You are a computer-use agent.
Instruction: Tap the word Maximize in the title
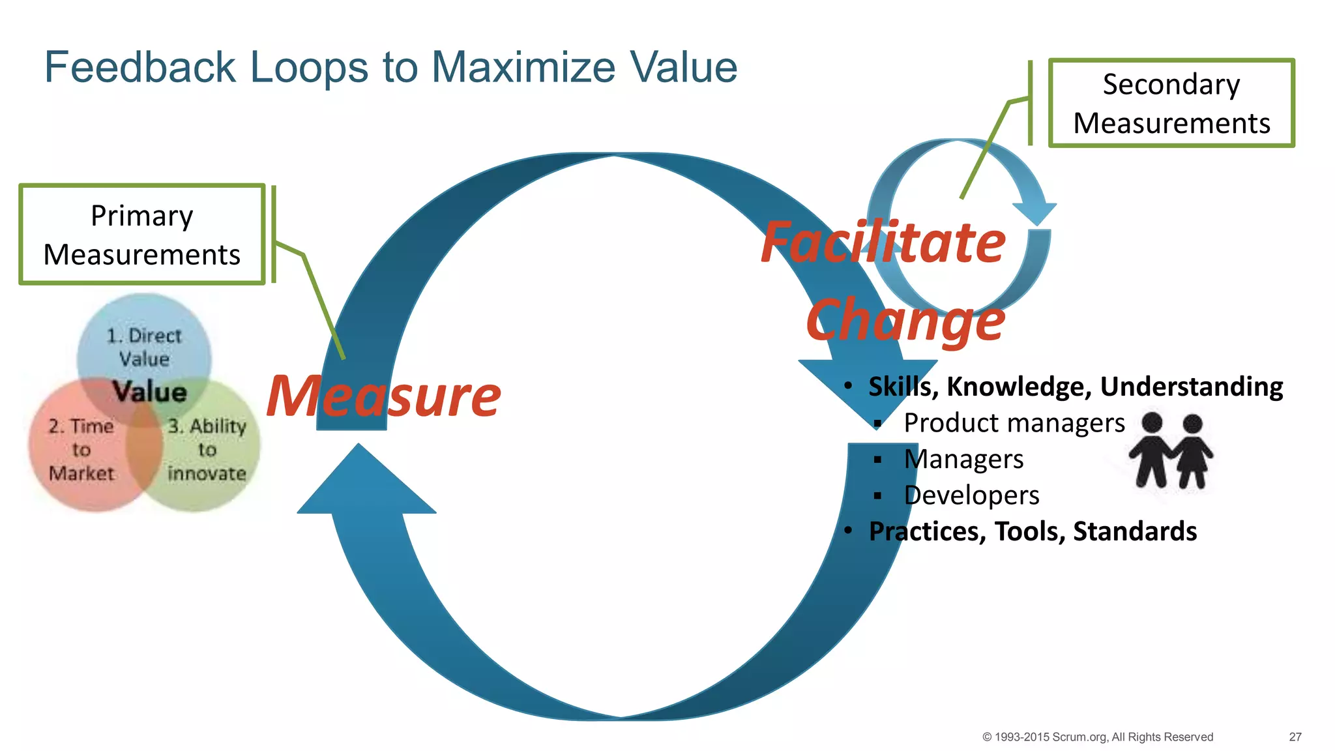coord(523,67)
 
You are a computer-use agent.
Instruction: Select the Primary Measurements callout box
coord(142,235)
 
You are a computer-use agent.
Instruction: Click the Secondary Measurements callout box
coord(1171,104)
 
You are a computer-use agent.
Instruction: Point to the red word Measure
coord(383,396)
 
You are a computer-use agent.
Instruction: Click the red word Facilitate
coord(883,243)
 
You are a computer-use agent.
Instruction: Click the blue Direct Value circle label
coord(144,347)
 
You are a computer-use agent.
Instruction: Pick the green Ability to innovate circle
coord(207,450)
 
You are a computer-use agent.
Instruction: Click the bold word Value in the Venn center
coord(149,392)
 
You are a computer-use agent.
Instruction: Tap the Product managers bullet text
coord(1014,423)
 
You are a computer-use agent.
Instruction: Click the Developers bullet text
coord(971,495)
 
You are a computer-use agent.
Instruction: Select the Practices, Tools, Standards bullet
coord(1033,531)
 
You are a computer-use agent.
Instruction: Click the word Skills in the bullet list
coord(900,387)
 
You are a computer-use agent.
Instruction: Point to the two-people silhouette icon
coord(1171,450)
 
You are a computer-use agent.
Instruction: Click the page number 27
coord(1295,737)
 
